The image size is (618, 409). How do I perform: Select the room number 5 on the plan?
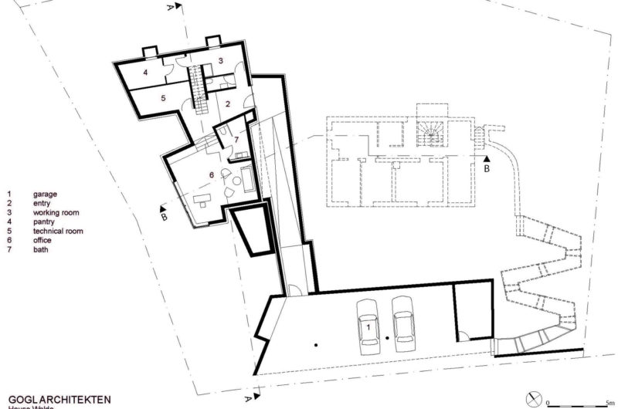pos(164,99)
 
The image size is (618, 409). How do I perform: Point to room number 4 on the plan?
pos(145,71)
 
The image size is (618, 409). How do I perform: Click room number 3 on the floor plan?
pos(220,60)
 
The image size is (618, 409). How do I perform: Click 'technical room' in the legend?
pos(57,231)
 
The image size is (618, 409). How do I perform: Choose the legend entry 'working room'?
pos(56,212)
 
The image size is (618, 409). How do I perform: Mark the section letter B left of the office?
pos(164,218)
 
